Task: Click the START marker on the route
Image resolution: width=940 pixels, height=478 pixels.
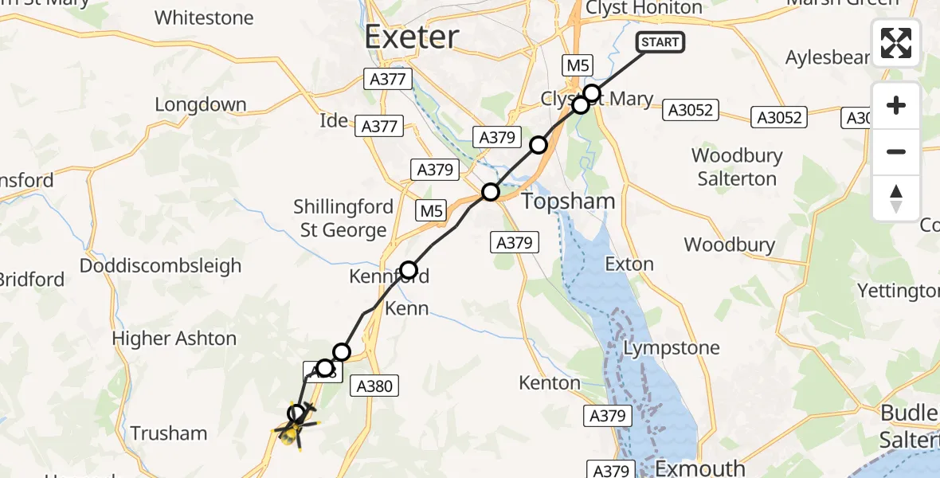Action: click(660, 42)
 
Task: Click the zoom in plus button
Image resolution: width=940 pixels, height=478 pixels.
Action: click(896, 105)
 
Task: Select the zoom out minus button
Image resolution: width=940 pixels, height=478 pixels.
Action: click(896, 151)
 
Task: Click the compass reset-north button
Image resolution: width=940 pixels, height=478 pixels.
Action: click(896, 198)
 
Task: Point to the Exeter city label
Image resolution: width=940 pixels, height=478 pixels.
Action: click(412, 37)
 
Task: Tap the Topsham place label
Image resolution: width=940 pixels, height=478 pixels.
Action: click(568, 202)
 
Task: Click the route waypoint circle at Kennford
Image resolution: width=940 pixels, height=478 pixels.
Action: click(409, 270)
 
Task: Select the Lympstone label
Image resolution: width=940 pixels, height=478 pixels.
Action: click(671, 348)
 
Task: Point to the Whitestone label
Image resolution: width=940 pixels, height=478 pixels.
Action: click(204, 18)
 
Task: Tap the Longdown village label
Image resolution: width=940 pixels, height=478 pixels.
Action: click(200, 104)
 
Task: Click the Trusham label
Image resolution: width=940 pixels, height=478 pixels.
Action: click(168, 433)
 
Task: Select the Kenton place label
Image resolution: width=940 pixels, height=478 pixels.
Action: click(549, 383)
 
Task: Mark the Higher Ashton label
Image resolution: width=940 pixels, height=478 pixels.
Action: click(174, 339)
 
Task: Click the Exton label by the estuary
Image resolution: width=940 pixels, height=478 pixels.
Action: click(629, 264)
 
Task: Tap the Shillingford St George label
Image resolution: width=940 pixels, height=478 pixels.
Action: click(343, 218)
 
